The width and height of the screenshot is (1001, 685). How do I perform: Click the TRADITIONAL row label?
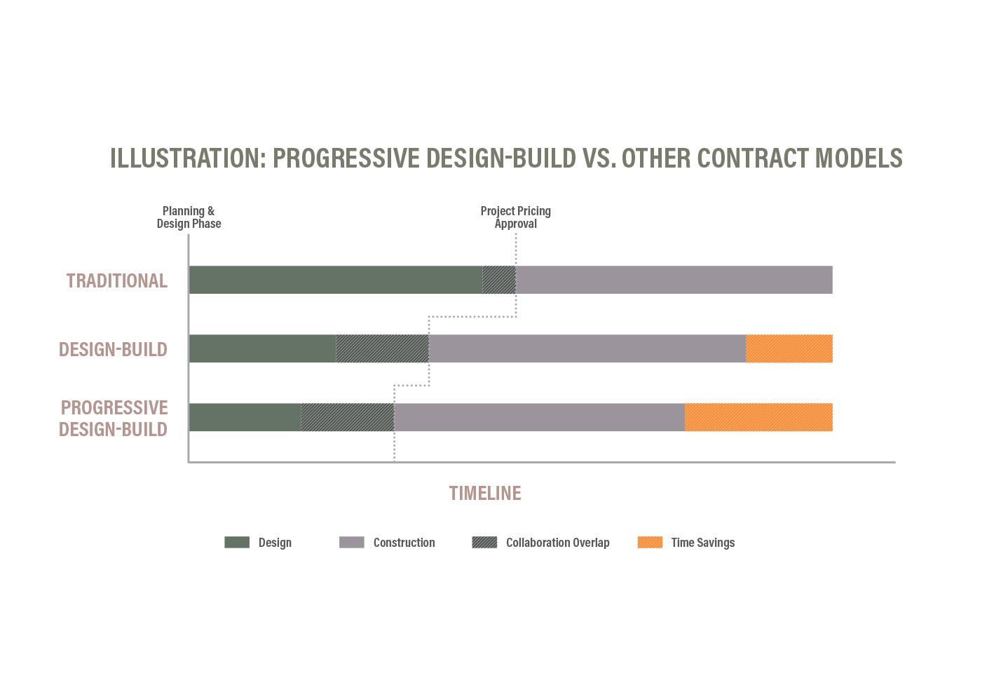[x=117, y=280]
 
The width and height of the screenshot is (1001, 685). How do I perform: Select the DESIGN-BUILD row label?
[x=113, y=349]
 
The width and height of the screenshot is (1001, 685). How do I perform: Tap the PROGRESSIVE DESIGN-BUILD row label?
[x=114, y=418]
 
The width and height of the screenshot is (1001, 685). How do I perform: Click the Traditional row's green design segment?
[x=335, y=280]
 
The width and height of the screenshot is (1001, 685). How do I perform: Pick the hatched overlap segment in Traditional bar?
[x=499, y=280]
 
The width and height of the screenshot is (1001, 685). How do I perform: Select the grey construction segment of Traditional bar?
[x=674, y=280]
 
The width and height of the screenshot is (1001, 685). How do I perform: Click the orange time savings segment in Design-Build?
[x=789, y=348]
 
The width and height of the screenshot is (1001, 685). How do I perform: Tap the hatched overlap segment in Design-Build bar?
[x=382, y=348]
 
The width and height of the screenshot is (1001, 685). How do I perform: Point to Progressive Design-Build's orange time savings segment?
[x=758, y=417]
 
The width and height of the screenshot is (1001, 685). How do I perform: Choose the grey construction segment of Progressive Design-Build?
[x=539, y=417]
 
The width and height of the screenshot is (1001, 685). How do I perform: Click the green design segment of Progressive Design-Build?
[x=245, y=417]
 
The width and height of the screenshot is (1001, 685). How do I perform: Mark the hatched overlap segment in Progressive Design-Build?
[x=347, y=417]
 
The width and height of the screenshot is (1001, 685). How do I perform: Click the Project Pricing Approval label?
[x=515, y=217]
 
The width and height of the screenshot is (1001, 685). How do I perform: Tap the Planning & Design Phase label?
[x=189, y=217]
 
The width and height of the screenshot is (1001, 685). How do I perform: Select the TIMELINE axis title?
[x=485, y=494]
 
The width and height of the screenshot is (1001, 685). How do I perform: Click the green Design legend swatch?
[x=237, y=542]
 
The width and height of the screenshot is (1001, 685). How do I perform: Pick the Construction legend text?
[x=404, y=543]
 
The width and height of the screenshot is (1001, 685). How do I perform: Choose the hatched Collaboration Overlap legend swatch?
[x=484, y=542]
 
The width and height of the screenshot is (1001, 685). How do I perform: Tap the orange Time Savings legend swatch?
[x=650, y=542]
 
